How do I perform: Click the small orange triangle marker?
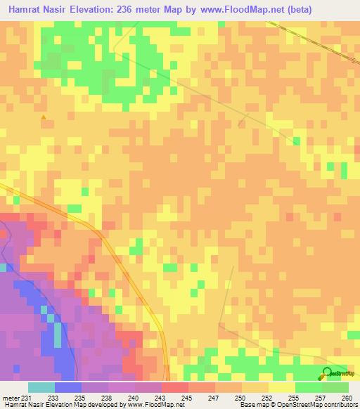point(44,117)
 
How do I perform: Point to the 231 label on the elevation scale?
point(27,398)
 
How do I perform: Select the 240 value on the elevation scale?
point(135,398)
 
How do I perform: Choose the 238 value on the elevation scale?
point(108,398)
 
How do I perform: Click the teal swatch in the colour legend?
point(41,387)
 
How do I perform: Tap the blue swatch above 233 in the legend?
point(68,387)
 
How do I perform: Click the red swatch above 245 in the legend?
point(175,387)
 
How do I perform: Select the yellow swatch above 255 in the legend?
point(282,387)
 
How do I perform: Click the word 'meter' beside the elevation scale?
point(10,398)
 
